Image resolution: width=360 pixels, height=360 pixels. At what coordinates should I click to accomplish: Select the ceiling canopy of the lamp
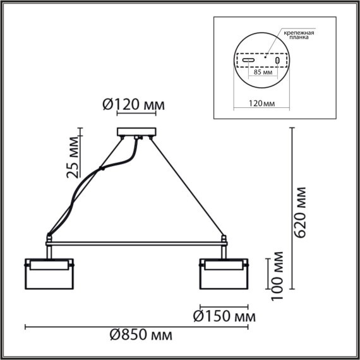tap(136, 133)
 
